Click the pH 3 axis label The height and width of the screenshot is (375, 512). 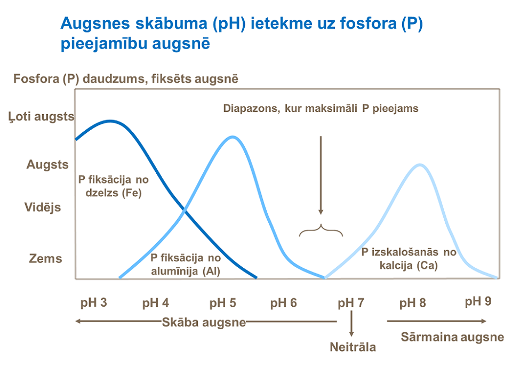94,303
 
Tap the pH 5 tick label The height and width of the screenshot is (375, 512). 223,303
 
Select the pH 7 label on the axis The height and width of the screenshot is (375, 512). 351,303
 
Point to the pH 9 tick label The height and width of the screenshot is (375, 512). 478,301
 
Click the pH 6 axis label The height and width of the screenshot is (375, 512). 283,303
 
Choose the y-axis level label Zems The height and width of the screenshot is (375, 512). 45,258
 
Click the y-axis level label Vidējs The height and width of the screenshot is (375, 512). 43,207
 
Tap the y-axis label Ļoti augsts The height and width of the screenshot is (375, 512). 42,117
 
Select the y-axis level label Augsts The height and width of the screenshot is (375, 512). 47,164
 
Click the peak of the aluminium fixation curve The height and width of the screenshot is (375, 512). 233,137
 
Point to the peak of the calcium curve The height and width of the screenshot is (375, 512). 420,165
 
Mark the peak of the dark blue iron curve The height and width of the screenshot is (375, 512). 110,121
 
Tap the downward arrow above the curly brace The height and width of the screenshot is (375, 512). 321,175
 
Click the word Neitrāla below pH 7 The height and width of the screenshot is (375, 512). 353,347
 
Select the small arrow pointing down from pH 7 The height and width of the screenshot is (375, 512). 351,323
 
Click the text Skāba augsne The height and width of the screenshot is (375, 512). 204,322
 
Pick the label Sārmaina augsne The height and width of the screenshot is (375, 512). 453,337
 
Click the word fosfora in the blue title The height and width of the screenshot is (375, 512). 367,23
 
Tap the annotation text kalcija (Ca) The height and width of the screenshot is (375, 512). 409,265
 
